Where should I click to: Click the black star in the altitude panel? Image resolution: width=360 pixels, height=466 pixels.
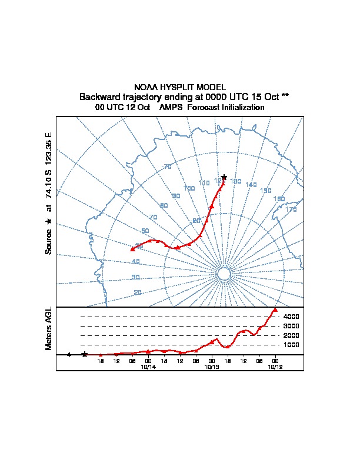point(85,354)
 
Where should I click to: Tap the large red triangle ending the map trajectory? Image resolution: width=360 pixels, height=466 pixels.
point(132,249)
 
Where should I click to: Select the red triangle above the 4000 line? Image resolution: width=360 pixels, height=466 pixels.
point(275,309)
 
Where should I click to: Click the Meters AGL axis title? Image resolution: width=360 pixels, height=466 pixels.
point(49,328)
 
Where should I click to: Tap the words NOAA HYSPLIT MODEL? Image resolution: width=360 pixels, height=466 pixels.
point(179,87)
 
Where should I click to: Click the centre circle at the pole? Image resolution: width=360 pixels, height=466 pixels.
point(224,274)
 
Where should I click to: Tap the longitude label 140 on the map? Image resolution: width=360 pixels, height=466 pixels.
point(251,185)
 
